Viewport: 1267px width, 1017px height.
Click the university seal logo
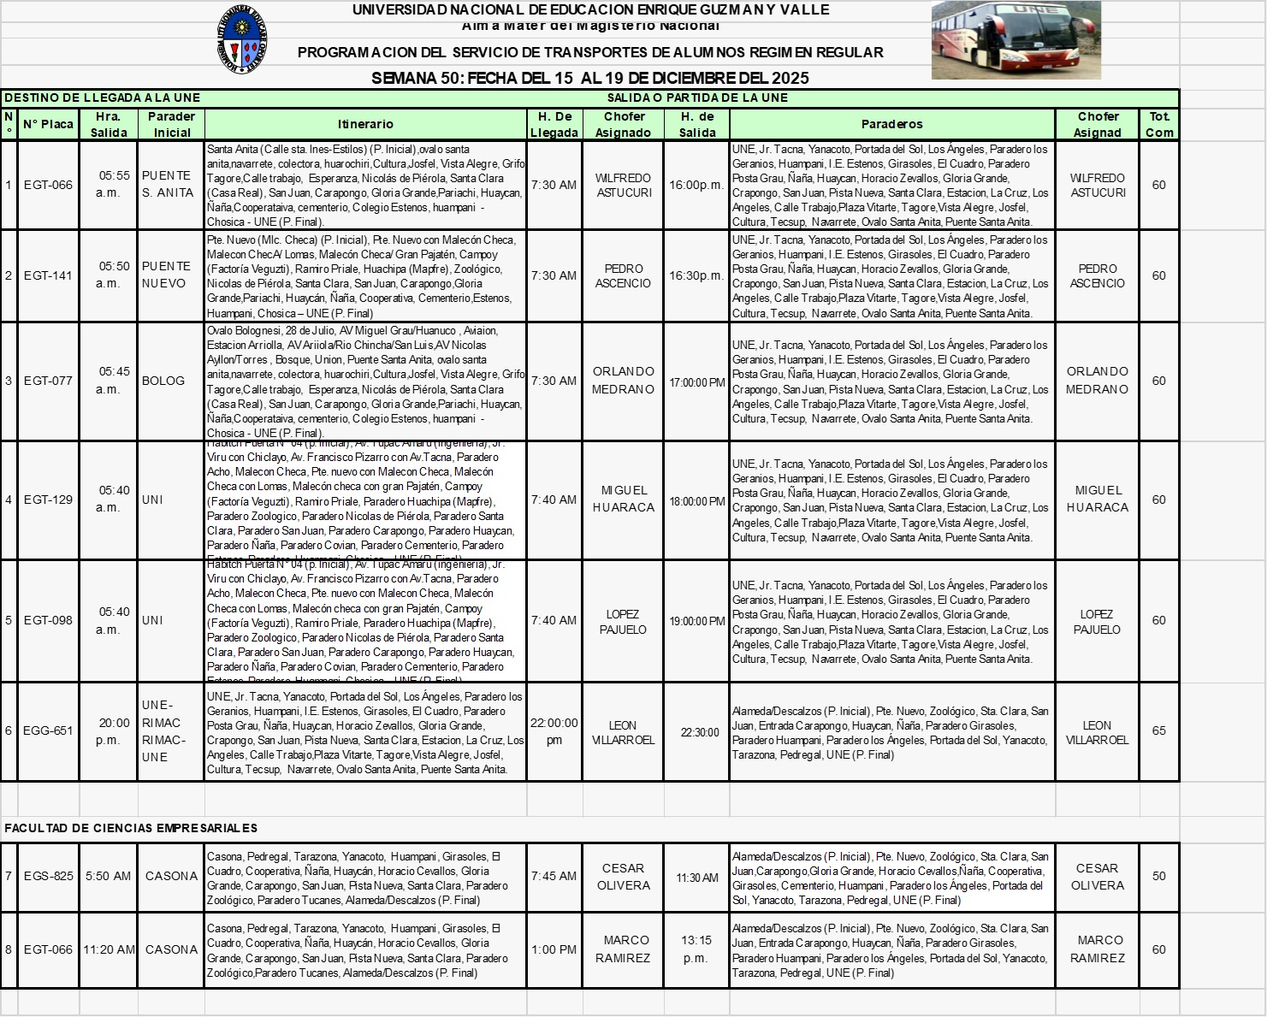(x=242, y=38)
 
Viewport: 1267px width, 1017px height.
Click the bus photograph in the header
(x=1015, y=40)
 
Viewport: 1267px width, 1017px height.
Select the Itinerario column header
(x=365, y=124)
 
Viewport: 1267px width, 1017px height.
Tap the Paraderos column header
(x=891, y=124)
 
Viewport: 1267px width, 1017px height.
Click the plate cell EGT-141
(x=48, y=275)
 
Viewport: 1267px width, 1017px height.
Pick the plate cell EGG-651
(x=48, y=730)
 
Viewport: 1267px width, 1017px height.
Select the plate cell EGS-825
(x=48, y=876)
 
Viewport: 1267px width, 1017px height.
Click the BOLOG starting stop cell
(x=163, y=381)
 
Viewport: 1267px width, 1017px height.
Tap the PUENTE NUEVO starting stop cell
(x=167, y=275)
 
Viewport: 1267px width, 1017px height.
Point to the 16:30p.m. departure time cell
(x=696, y=275)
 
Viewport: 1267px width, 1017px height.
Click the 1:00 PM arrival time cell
(x=554, y=949)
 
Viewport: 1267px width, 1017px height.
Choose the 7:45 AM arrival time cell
(x=554, y=876)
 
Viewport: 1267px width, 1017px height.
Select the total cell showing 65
(x=1158, y=730)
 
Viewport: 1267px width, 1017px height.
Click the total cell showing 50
(x=1158, y=876)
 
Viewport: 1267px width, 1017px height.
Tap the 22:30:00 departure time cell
(x=699, y=732)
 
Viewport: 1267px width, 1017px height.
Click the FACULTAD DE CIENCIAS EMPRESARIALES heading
(x=131, y=828)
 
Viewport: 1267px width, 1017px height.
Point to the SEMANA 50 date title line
(x=589, y=78)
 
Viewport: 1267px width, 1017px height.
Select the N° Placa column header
(x=48, y=124)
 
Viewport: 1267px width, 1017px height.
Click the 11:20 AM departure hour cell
(x=109, y=949)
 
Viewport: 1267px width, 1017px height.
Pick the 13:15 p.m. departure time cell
(x=696, y=949)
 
